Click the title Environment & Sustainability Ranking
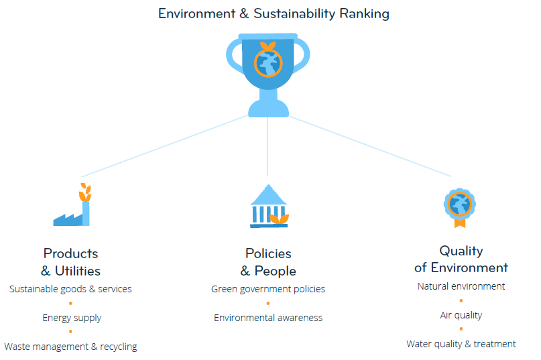tap(274, 14)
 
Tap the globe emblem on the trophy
tap(268, 63)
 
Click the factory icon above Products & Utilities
tap(72, 204)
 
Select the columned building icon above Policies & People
tap(269, 206)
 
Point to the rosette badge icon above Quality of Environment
tap(460, 208)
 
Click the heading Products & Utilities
tap(71, 262)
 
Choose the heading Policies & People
tap(268, 262)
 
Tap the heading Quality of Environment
tap(461, 259)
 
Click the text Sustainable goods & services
tap(70, 289)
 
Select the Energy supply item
tap(72, 318)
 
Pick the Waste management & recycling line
tap(70, 347)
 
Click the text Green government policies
tap(268, 289)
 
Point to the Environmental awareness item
tap(268, 318)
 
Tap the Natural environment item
tap(461, 286)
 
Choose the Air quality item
tap(461, 315)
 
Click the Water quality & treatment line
tap(461, 344)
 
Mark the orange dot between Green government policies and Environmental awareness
tap(268, 304)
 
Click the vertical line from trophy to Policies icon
tap(267, 146)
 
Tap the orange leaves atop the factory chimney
tap(85, 192)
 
